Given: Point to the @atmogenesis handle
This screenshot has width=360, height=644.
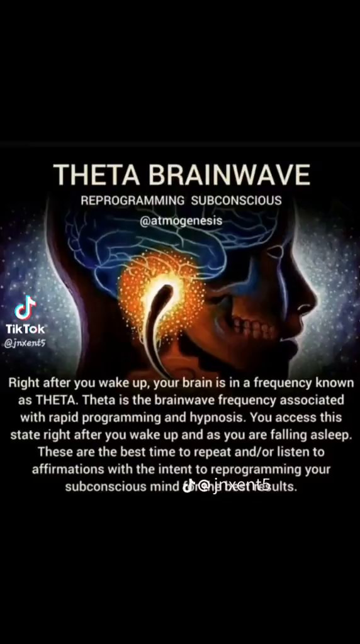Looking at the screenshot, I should (181, 221).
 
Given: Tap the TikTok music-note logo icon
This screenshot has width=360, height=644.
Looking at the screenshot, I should (25, 309).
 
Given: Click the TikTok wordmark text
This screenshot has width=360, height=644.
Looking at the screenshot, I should (25, 329).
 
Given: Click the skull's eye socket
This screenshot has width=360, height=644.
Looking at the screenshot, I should (274, 252).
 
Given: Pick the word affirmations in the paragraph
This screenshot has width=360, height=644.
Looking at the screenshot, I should (69, 470).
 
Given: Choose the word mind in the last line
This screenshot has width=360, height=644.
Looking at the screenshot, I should (165, 487).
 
